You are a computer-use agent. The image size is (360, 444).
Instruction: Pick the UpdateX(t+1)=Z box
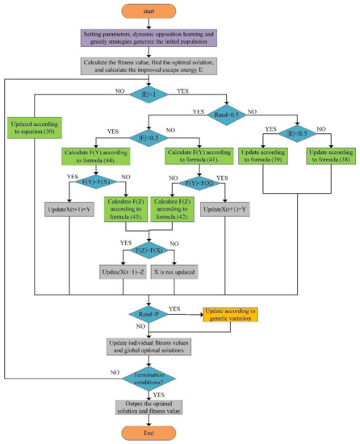[x=123, y=274]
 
